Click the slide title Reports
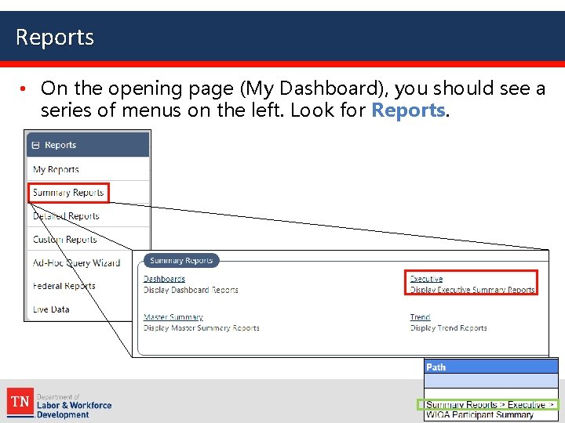pos(55,37)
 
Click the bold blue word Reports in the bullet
pos(408,110)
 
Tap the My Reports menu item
pos(56,169)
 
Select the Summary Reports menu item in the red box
pos(67,193)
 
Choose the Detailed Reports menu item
pos(66,216)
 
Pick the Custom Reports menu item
pos(64,240)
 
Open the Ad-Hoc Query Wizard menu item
pos(76,263)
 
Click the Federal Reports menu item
pos(64,286)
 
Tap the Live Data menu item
pos(51,309)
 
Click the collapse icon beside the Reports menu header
pos(35,145)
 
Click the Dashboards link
pos(164,279)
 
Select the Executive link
pos(426,279)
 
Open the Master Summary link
pos(173,317)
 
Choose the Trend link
pos(420,317)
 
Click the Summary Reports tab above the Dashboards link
pos(181,261)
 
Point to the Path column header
pos(436,367)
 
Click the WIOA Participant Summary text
pos(479,415)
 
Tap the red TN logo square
pos(20,403)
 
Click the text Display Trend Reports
pos(448,328)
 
